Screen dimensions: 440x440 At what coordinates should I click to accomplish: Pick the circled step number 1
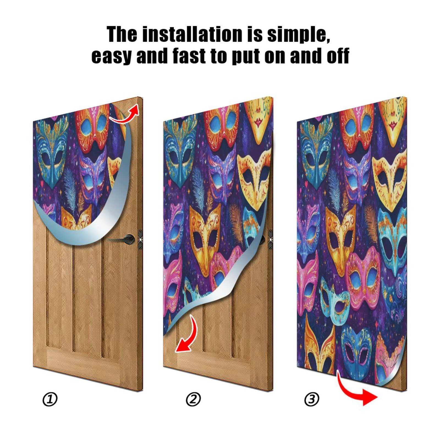50,399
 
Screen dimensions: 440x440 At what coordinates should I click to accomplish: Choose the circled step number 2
193,399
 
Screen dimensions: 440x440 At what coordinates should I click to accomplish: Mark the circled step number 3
312,399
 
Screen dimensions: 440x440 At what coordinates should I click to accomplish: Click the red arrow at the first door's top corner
125,114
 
